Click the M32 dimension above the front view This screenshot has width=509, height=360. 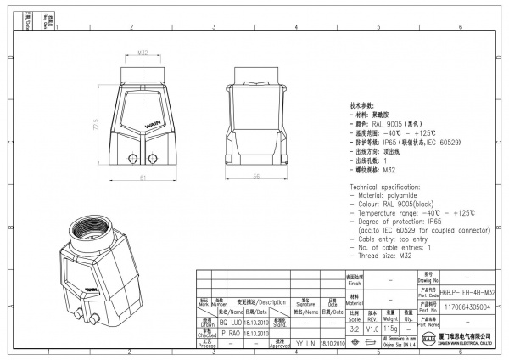pyautogui.click(x=143, y=52)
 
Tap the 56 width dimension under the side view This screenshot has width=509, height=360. pyautogui.click(x=255, y=176)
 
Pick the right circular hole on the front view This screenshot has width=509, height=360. pyautogui.click(x=154, y=158)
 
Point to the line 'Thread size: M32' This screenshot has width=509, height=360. pyautogui.click(x=386, y=255)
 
